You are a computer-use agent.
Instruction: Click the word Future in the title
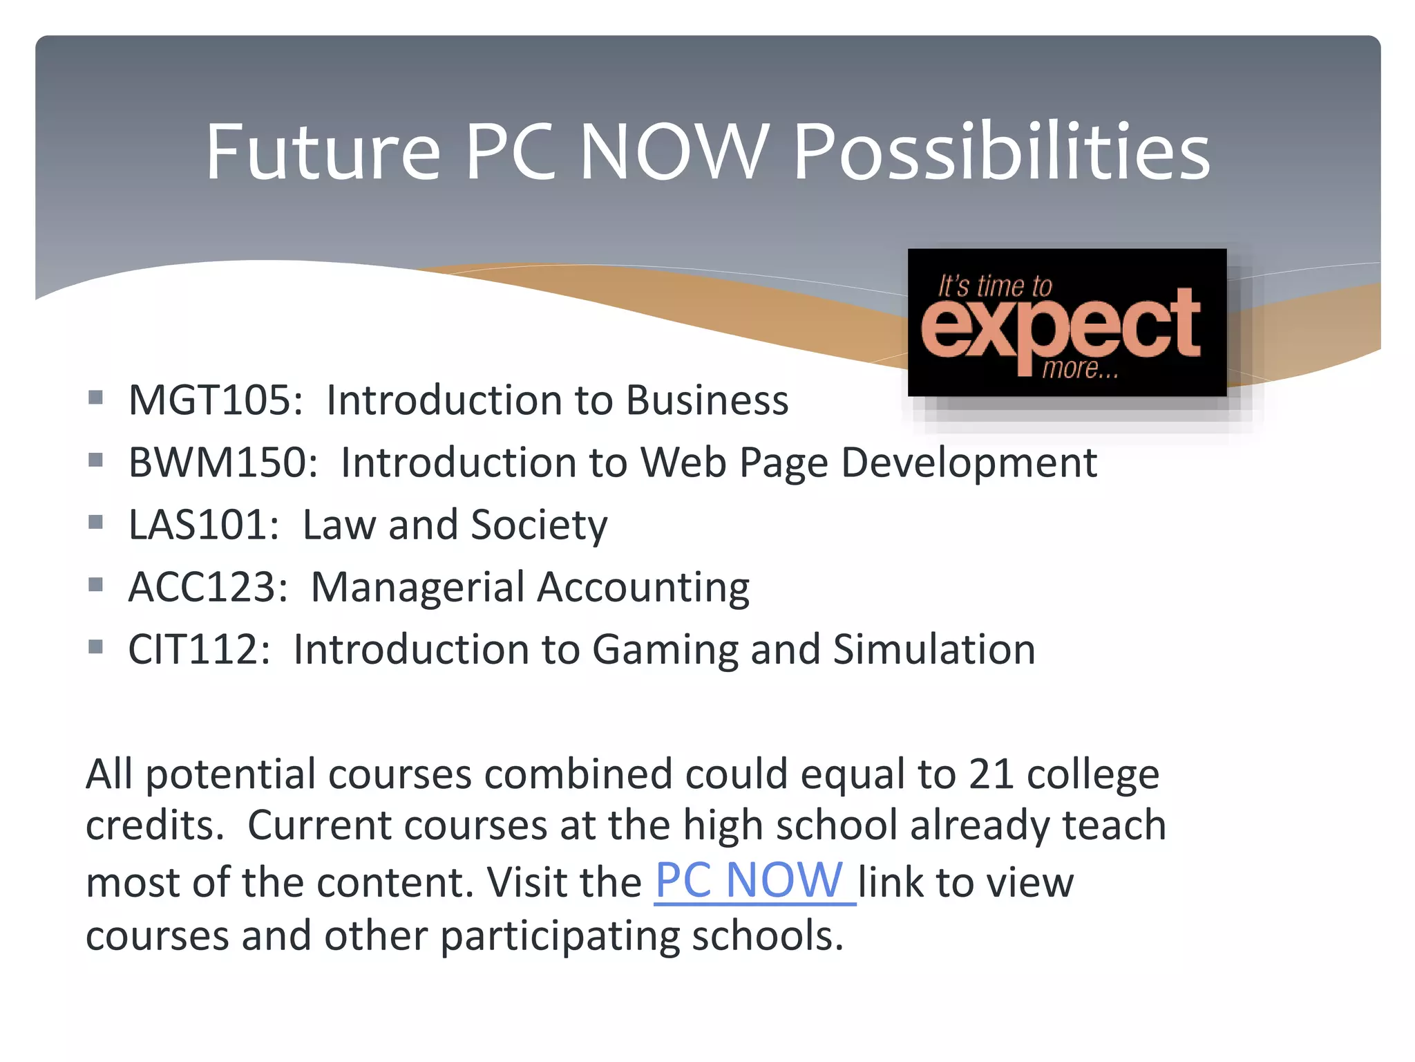323,152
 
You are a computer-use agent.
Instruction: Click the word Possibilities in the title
1001,152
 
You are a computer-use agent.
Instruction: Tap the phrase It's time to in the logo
995,286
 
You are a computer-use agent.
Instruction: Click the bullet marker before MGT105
96,398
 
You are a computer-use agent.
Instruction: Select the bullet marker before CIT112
96,647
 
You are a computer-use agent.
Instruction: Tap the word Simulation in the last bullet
934,650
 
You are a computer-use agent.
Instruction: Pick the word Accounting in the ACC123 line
643,588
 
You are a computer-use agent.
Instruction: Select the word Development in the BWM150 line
969,463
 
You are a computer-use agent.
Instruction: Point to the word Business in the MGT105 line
707,400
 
